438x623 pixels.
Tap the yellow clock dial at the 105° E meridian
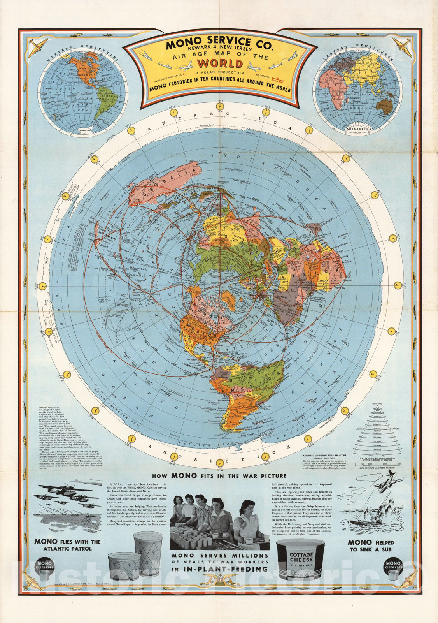click(219, 111)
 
